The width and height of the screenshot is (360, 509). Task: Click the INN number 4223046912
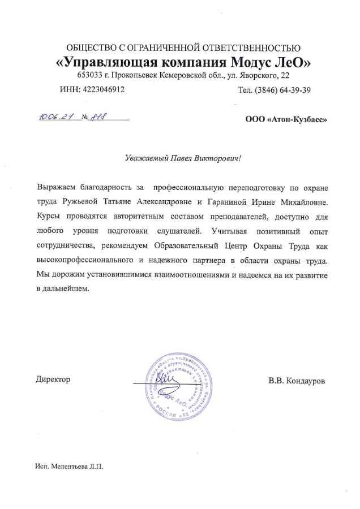pyautogui.click(x=105, y=89)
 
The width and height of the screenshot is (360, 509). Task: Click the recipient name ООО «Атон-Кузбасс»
pyautogui.click(x=286, y=119)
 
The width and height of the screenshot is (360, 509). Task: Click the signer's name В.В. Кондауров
pyautogui.click(x=297, y=381)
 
